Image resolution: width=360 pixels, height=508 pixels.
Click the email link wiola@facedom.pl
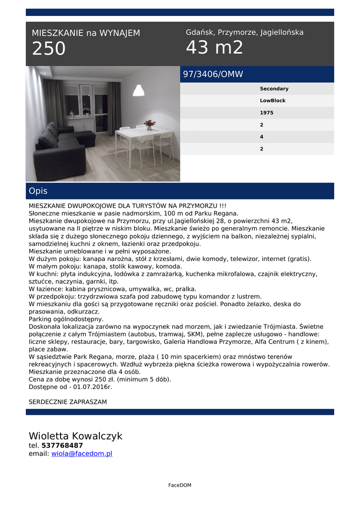point(82,453)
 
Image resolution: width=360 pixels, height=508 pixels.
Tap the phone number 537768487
point(62,445)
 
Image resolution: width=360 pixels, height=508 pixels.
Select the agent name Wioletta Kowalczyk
point(75,436)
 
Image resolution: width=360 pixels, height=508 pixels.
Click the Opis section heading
point(38,191)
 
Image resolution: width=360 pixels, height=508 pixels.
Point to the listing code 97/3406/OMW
point(213,74)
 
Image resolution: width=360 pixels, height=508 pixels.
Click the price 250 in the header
point(49,49)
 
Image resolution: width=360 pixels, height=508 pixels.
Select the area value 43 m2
point(215,48)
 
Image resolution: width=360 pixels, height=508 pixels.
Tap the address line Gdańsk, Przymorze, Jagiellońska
point(244,32)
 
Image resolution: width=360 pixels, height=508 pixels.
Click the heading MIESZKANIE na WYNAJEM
point(86,33)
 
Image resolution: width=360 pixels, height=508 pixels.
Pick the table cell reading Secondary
point(274,89)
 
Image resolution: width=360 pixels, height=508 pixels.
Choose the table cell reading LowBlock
point(273,101)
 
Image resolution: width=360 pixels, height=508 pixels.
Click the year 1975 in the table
point(266,113)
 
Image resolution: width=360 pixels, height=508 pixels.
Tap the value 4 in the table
point(262,136)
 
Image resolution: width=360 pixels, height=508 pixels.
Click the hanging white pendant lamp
point(139,90)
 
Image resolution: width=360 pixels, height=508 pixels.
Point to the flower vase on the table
point(149,125)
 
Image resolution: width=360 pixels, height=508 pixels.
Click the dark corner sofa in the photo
point(62,149)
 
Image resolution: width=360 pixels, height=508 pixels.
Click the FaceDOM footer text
point(180,485)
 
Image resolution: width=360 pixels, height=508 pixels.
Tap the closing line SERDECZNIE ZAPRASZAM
point(68,402)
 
